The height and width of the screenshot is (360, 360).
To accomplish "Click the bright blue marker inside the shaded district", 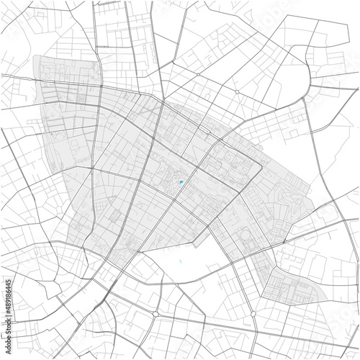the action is coord(180,183).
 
